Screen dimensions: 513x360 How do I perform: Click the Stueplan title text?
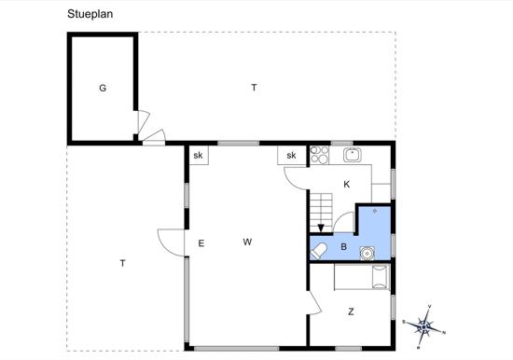(x=90, y=14)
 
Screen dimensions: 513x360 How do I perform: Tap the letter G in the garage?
(x=103, y=88)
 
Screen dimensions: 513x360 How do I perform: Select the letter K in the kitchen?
(x=346, y=185)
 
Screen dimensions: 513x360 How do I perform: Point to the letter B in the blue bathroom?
(x=343, y=246)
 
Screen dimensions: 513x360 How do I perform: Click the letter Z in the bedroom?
(x=351, y=312)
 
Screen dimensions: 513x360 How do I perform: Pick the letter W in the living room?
(x=247, y=242)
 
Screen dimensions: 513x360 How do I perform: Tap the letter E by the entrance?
(x=201, y=243)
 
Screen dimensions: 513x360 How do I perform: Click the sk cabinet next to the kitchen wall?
(x=292, y=155)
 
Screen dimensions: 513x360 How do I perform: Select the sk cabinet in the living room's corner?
(x=199, y=155)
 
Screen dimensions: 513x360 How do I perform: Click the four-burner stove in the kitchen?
(x=319, y=155)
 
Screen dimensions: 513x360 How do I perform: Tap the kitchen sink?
(x=352, y=155)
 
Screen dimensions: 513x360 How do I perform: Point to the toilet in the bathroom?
(x=318, y=251)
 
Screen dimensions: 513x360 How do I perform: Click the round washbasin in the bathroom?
(x=367, y=254)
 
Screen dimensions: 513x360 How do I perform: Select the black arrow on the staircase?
(x=321, y=228)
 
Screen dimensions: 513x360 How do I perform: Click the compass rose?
(x=424, y=326)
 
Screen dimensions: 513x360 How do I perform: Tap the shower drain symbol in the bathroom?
(x=375, y=211)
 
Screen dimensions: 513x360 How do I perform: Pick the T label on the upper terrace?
(x=254, y=88)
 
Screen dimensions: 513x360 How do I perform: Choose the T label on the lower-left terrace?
(x=122, y=263)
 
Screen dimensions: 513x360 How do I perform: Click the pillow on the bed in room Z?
(x=380, y=277)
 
